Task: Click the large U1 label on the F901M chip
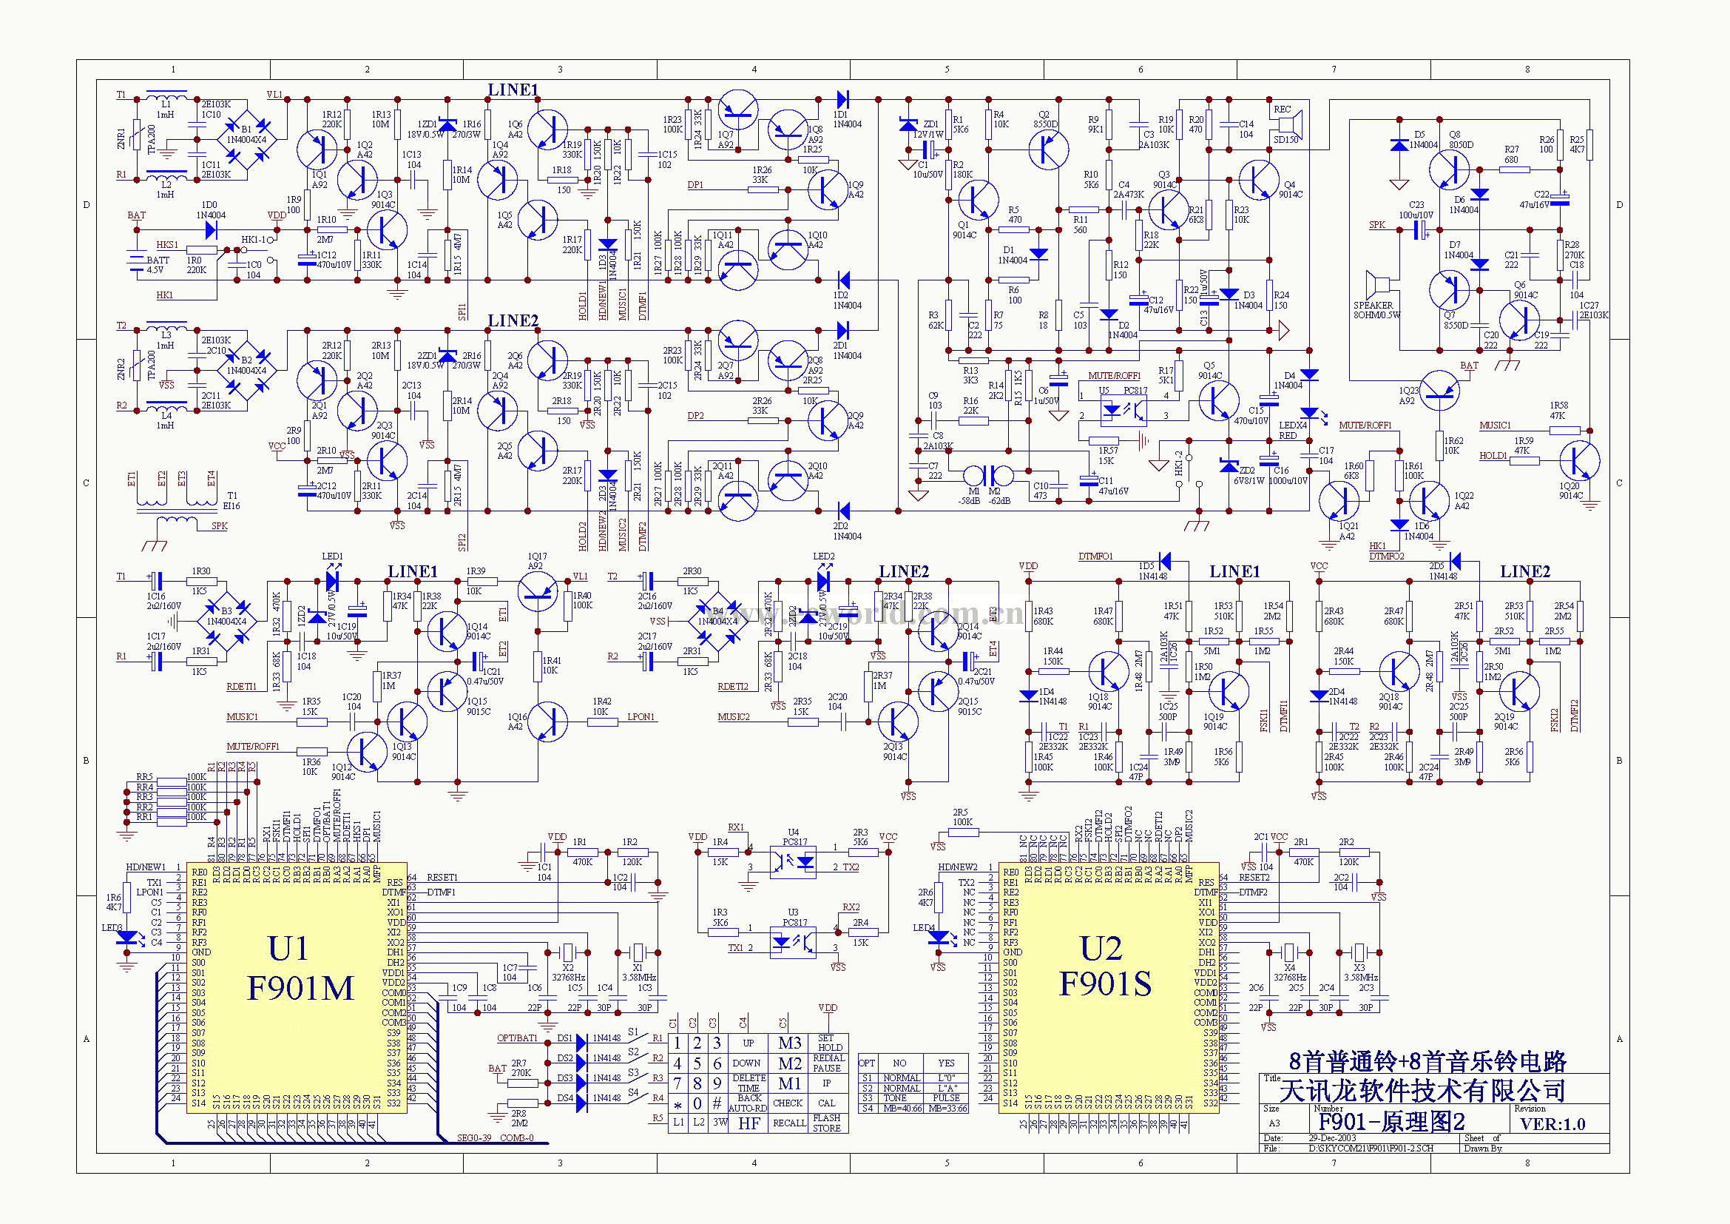(x=288, y=949)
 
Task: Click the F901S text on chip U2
(x=1104, y=983)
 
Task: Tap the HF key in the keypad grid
(x=749, y=1123)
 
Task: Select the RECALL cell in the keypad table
(x=789, y=1123)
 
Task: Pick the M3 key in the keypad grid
(x=789, y=1043)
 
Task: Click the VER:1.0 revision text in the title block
(x=1552, y=1124)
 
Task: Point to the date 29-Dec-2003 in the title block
(x=1333, y=1138)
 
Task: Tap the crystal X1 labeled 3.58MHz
(x=638, y=952)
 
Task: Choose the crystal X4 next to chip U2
(x=1289, y=952)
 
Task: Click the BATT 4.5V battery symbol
(x=136, y=260)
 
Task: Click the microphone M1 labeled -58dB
(x=973, y=475)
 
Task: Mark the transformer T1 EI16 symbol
(x=178, y=502)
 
